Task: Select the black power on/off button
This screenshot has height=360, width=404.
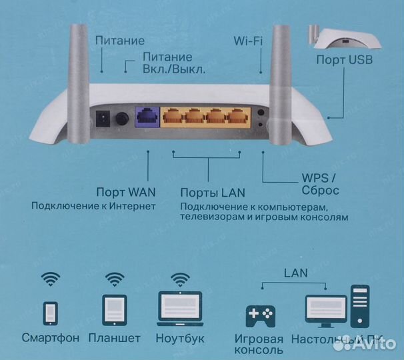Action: (122, 120)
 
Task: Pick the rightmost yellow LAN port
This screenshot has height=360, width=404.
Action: (237, 118)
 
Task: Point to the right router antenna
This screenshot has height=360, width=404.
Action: (276, 80)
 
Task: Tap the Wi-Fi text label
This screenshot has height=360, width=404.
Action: (248, 41)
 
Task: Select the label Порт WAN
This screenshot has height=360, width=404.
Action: (122, 192)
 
